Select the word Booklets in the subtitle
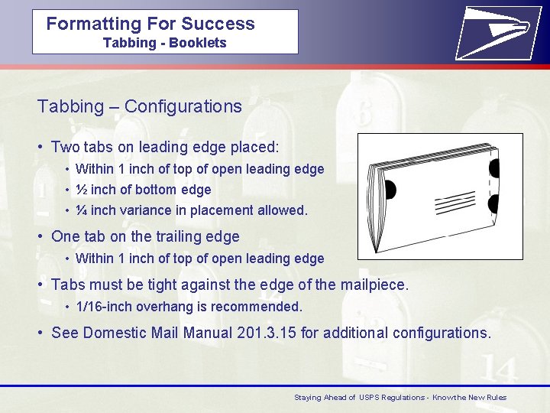tap(198, 43)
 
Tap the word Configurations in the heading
tap(183, 106)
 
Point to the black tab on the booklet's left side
tap(389, 190)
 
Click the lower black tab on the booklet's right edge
tap(493, 203)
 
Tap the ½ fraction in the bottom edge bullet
tap(82, 190)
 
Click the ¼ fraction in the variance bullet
tap(82, 210)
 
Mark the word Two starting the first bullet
tap(66, 147)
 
